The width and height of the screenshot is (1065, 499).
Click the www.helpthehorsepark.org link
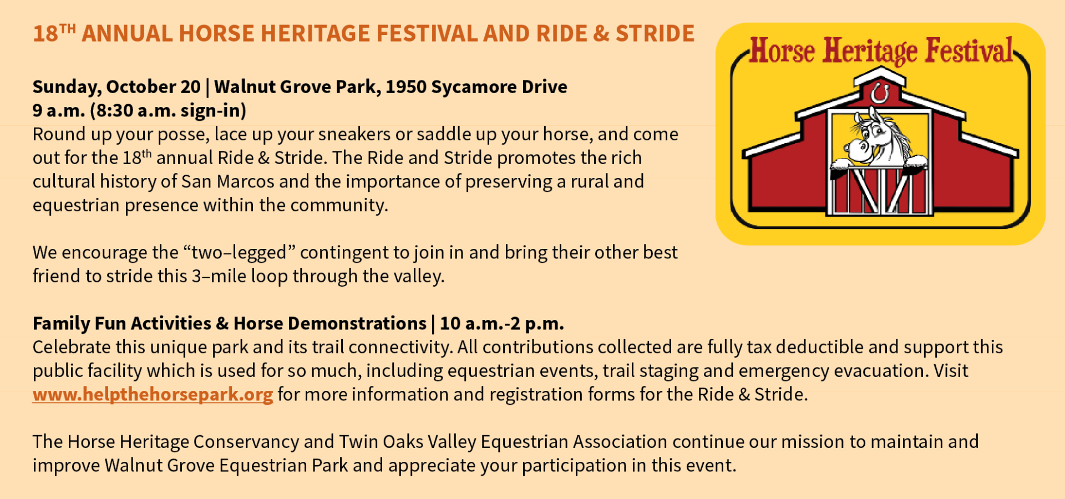click(153, 394)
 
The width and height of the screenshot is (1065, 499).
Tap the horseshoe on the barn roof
click(879, 93)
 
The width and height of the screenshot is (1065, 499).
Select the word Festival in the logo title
click(969, 51)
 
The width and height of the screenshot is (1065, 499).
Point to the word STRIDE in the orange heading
click(655, 33)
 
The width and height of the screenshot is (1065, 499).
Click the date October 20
click(153, 87)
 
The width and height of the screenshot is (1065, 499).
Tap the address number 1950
click(405, 87)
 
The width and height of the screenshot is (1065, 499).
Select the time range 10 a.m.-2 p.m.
click(501, 323)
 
